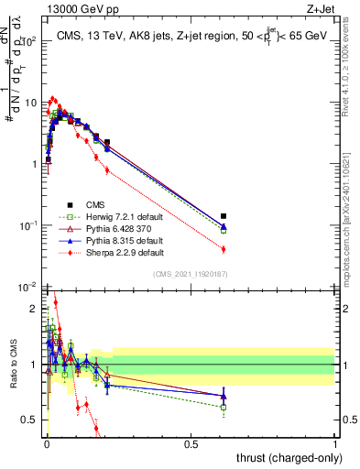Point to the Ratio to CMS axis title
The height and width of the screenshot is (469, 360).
pos(13,365)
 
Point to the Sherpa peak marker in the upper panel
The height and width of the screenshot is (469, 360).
pos(53,98)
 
